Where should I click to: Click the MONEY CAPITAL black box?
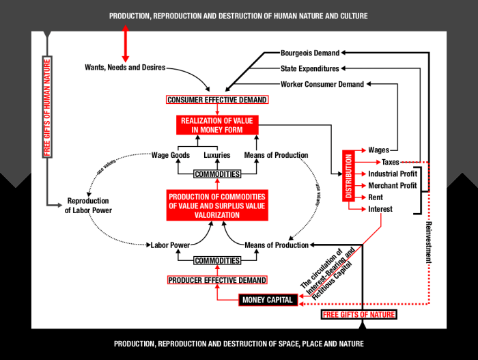268,300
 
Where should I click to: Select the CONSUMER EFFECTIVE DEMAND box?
217,100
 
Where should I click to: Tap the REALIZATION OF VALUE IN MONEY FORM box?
216,125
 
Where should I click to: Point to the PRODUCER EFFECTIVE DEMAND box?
217,280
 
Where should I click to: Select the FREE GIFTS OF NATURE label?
358,315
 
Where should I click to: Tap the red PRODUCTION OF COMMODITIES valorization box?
216,206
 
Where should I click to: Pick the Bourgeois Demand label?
310,53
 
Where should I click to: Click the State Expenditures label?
309,68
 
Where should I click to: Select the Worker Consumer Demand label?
323,85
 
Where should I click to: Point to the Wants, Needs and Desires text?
125,68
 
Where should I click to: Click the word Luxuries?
217,155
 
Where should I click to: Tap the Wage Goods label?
170,155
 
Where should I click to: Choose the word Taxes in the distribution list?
391,162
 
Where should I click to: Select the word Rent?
376,197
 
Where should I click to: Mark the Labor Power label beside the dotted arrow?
170,245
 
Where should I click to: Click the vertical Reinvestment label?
430,238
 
